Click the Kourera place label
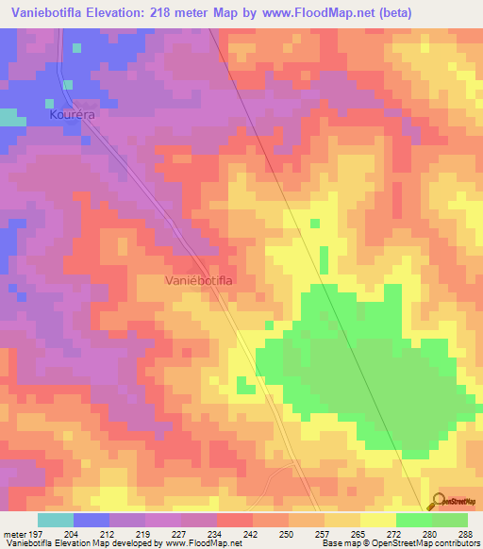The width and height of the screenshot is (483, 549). (74, 113)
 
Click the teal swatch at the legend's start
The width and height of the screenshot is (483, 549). (55, 520)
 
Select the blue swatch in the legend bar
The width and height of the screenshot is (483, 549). (91, 520)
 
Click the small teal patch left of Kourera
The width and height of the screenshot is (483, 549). (11, 118)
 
